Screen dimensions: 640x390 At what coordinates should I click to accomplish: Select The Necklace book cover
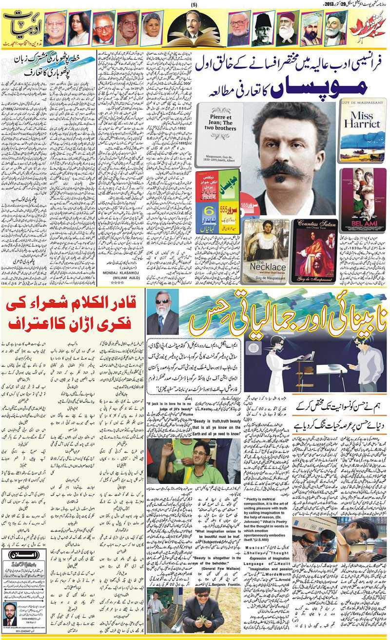[267, 252]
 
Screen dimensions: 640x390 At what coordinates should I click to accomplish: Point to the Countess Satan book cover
[314, 251]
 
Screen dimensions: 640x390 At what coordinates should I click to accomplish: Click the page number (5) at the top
[194, 4]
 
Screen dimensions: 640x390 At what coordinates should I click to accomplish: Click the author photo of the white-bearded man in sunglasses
[163, 313]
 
